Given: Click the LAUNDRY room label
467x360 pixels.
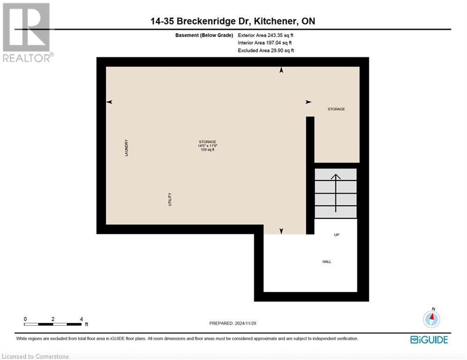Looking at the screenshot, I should coord(126,148).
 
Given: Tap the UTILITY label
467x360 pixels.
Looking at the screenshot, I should coord(170,199).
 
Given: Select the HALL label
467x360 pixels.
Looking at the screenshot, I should coord(326,262).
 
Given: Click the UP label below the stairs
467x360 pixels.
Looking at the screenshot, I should coord(336,235).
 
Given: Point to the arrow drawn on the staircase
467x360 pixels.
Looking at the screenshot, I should coord(335,192).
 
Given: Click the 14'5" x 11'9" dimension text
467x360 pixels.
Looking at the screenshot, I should coord(207,146).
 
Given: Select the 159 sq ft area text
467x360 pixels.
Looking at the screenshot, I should coord(207,150).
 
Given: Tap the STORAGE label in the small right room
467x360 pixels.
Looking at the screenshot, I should coord(336,109).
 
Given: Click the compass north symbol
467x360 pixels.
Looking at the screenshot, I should coord(431,318).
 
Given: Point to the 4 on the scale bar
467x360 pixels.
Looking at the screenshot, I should coord(81,319).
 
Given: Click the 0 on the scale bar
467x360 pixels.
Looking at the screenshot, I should coord(25,319).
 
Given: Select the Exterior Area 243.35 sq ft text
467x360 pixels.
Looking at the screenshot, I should coord(266,35).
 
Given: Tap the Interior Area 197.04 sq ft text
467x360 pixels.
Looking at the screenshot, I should coord(265,43).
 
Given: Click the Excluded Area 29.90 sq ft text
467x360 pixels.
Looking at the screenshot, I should coord(266,51).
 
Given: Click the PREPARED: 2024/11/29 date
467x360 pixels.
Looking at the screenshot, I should coord(233,323).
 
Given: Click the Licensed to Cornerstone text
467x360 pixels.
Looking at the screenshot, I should coord(35,357).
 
